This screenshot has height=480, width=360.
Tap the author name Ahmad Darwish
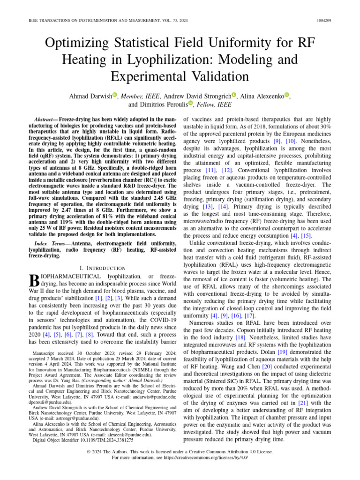coord(90,96)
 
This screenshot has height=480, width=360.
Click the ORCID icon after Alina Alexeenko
coord(287,95)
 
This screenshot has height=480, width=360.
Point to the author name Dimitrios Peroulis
coord(158,104)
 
